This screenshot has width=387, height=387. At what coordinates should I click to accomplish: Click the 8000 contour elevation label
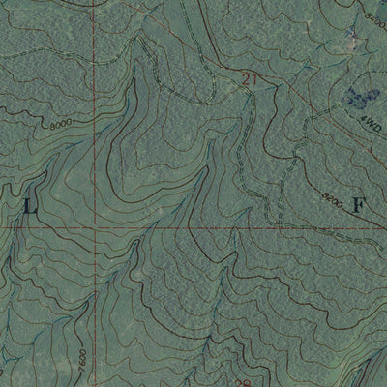[x=60, y=125]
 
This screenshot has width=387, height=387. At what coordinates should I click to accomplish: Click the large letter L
[x=29, y=205]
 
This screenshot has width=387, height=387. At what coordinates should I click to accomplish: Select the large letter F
[x=359, y=205]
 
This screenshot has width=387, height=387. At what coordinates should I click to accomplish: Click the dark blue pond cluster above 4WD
[x=360, y=97]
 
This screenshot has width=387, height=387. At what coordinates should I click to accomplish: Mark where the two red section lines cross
[x=94, y=229]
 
